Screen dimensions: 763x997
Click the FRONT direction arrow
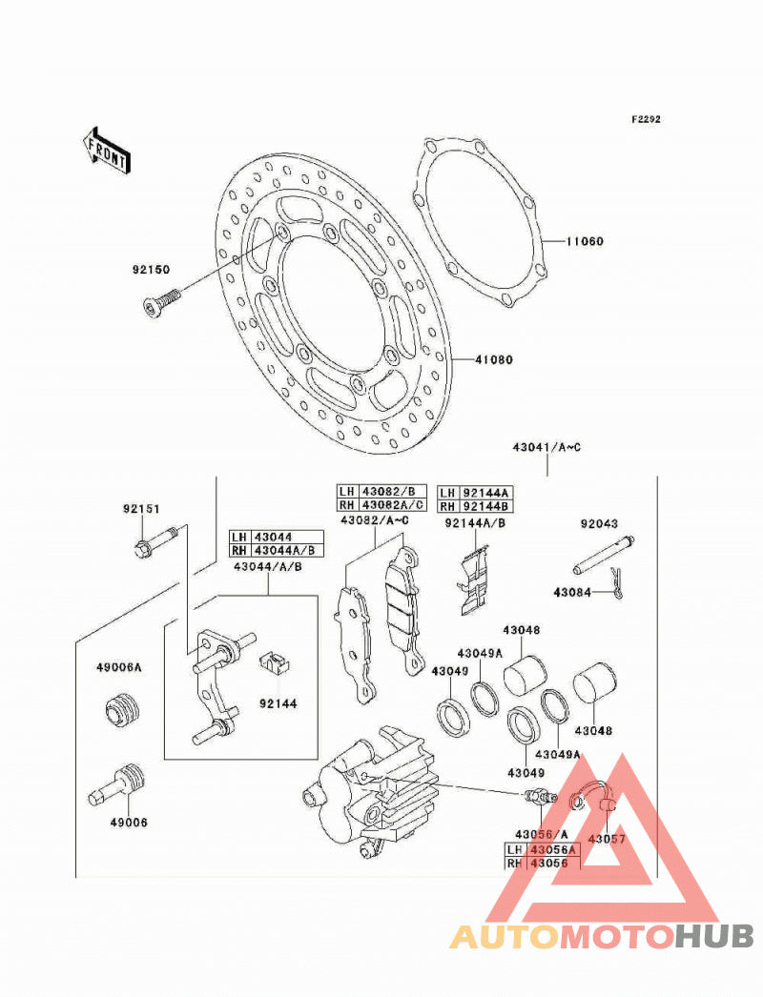point(106,150)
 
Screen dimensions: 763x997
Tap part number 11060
point(585,241)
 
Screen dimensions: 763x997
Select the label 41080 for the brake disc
point(494,360)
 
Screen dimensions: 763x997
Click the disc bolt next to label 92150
point(159,302)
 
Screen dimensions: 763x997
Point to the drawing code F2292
point(646,119)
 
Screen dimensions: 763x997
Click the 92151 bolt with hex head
point(155,539)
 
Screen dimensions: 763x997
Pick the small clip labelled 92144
point(275,661)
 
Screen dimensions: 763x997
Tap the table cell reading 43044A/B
point(288,551)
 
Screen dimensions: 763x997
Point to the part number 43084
point(572,593)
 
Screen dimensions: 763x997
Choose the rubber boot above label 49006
point(116,784)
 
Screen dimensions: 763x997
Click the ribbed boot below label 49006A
point(121,710)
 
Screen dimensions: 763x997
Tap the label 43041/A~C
point(547,448)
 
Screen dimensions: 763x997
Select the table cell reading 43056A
point(553,850)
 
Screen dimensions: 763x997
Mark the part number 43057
point(607,840)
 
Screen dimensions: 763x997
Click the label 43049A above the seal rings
point(480,654)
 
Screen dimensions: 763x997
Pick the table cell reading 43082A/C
point(393,505)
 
